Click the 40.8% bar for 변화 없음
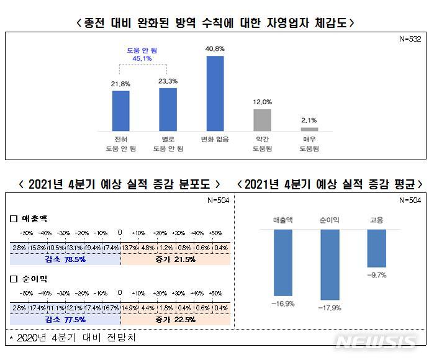click(x=215, y=93)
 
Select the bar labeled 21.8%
click(x=121, y=110)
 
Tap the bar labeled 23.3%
click(x=168, y=109)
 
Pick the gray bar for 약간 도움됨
click(x=262, y=120)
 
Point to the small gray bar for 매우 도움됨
click(x=309, y=128)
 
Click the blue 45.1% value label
click(x=144, y=58)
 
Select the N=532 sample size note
click(x=410, y=38)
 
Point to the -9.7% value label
click(x=377, y=274)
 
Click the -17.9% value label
click(x=330, y=306)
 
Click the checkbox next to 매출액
click(x=14, y=218)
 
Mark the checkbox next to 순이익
click(x=14, y=279)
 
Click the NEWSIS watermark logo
click(x=375, y=342)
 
